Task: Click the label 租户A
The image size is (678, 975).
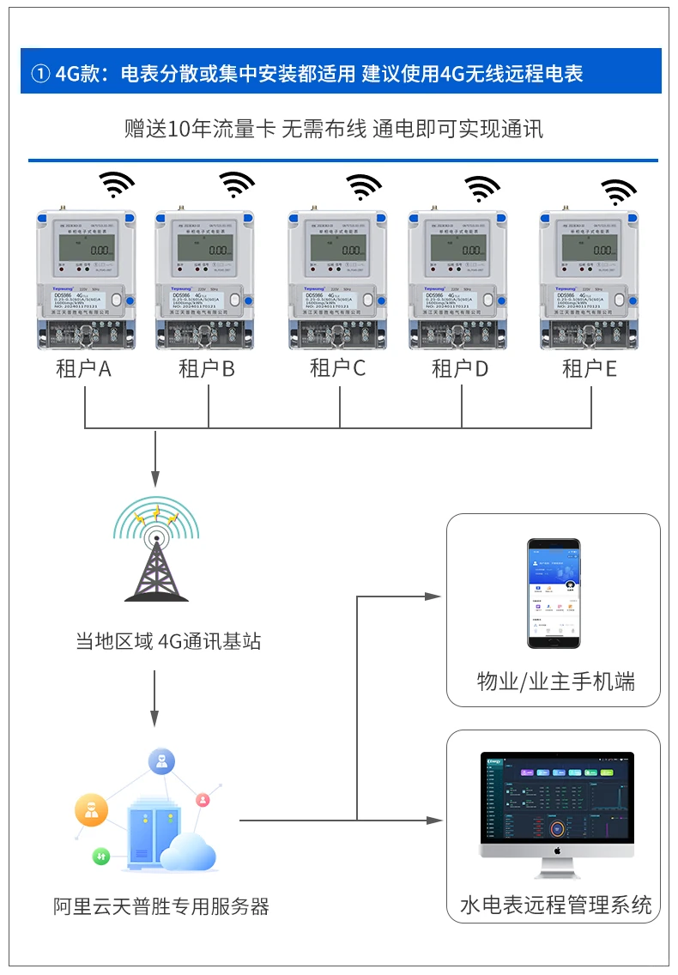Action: point(84,369)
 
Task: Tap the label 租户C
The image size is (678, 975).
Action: point(337,368)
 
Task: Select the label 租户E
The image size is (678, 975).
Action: point(590,369)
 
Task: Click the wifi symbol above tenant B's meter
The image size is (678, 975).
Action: point(237,184)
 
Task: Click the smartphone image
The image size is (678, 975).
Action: point(553,593)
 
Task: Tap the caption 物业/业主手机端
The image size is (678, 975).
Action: point(555,682)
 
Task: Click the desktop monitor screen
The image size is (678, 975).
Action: point(557,805)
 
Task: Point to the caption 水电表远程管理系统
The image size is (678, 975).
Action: point(555,905)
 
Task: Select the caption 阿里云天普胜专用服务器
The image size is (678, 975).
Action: point(161,906)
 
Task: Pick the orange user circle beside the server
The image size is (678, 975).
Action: point(91,809)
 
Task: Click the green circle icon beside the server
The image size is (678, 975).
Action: point(101,857)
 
